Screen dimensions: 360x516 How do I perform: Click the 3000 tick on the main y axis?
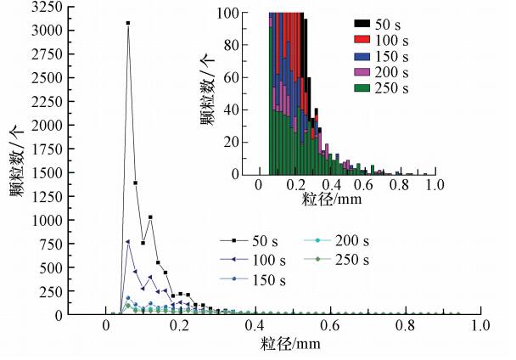68,31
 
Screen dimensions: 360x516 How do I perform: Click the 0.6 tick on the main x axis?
332,315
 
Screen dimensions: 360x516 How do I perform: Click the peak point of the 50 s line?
128,23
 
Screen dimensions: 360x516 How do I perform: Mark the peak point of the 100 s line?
128,242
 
